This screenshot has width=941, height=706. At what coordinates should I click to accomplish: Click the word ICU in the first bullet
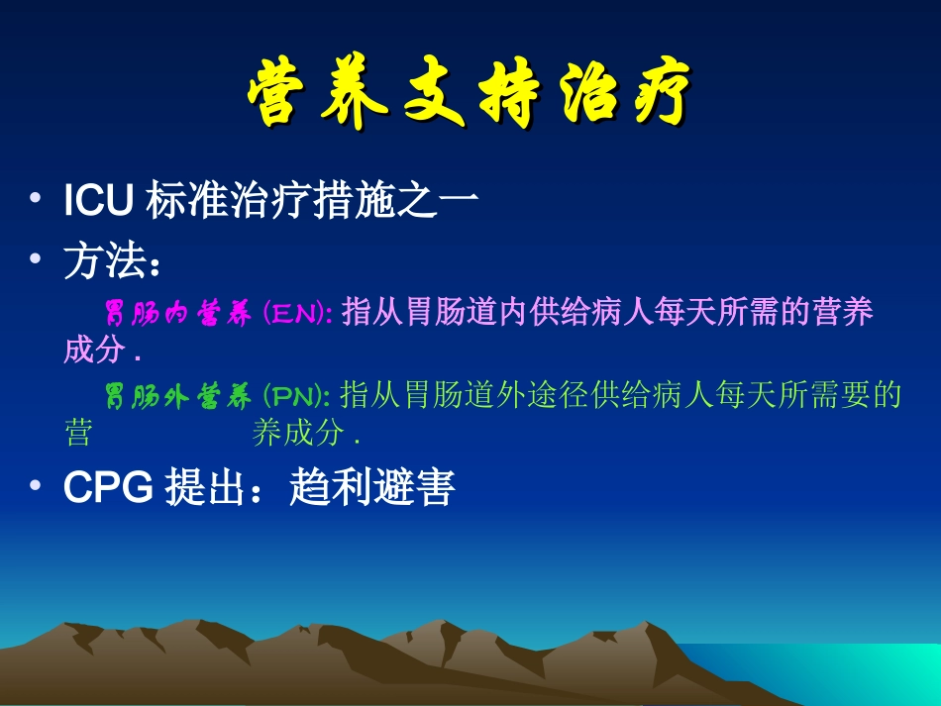(x=98, y=202)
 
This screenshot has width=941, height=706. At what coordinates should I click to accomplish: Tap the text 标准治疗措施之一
(x=312, y=202)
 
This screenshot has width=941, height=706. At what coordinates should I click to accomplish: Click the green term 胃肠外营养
(x=178, y=398)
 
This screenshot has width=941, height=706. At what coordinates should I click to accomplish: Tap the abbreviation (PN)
(x=297, y=398)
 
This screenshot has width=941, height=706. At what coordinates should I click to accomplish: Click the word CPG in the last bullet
(x=107, y=488)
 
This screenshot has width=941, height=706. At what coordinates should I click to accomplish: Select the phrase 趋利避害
(x=371, y=488)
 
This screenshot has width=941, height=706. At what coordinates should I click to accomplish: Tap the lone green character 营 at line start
(x=78, y=434)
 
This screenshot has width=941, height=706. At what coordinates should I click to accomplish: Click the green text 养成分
(x=297, y=434)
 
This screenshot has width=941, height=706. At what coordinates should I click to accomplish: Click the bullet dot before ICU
(x=37, y=201)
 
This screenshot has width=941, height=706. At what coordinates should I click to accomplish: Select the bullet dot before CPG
(x=37, y=487)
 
